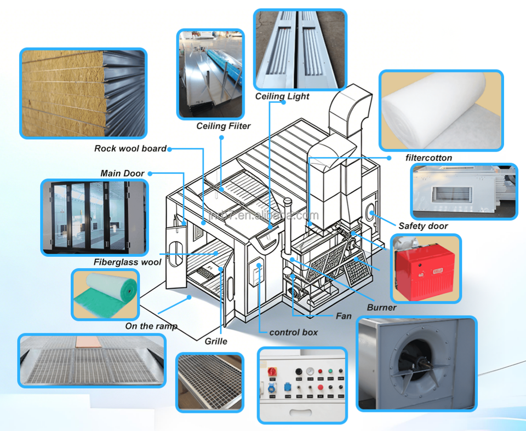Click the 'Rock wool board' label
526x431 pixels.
[130, 148]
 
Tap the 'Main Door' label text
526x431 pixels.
[122, 174]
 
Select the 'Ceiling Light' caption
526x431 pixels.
[282, 96]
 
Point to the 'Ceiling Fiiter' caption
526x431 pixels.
[224, 126]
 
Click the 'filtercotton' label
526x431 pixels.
[428, 158]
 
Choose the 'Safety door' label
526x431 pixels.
[423, 226]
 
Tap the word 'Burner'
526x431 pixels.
[381, 308]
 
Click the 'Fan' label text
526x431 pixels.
[344, 316]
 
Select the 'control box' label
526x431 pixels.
[294, 332]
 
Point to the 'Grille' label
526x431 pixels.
[216, 341]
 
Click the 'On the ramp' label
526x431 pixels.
[151, 326]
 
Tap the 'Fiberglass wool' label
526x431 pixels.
[128, 262]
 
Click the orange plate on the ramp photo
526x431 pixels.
[88, 342]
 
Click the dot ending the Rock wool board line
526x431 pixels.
[169, 149]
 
